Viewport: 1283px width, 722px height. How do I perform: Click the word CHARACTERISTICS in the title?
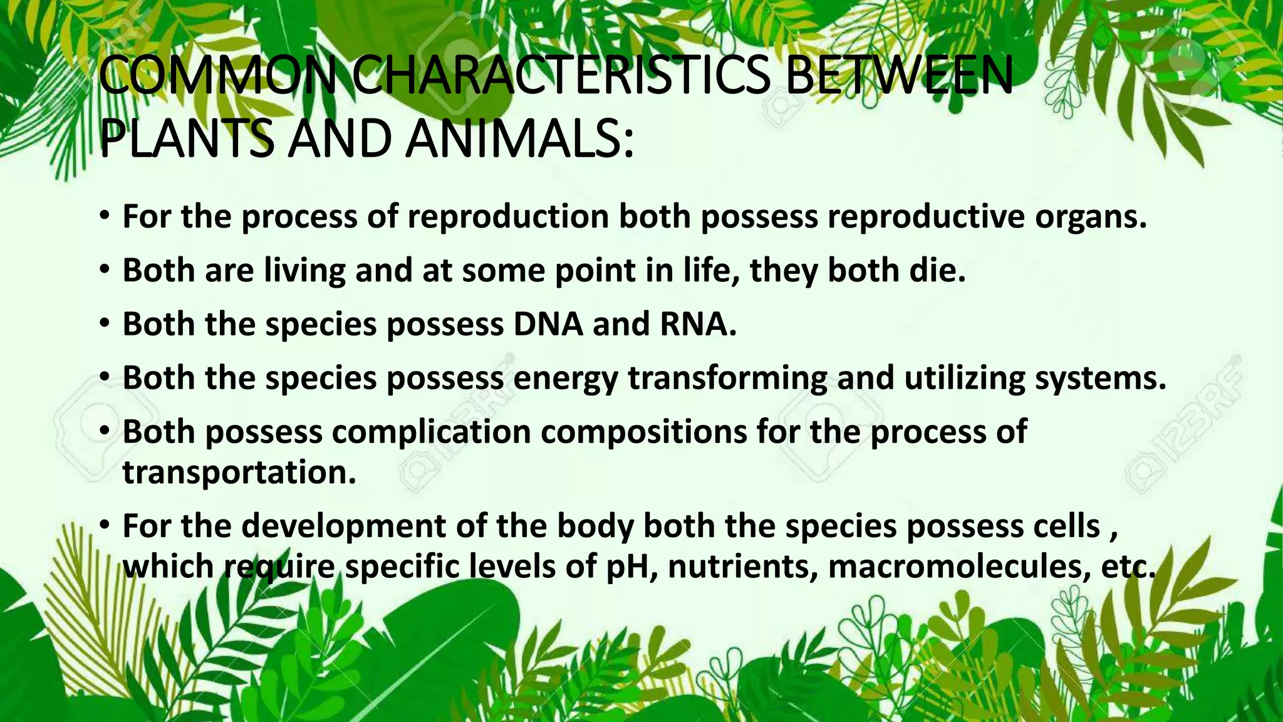click(560, 76)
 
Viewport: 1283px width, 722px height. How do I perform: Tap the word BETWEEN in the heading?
click(898, 76)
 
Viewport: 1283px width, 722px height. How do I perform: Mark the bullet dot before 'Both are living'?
click(105, 271)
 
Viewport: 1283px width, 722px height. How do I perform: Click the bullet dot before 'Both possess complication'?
click(105, 432)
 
